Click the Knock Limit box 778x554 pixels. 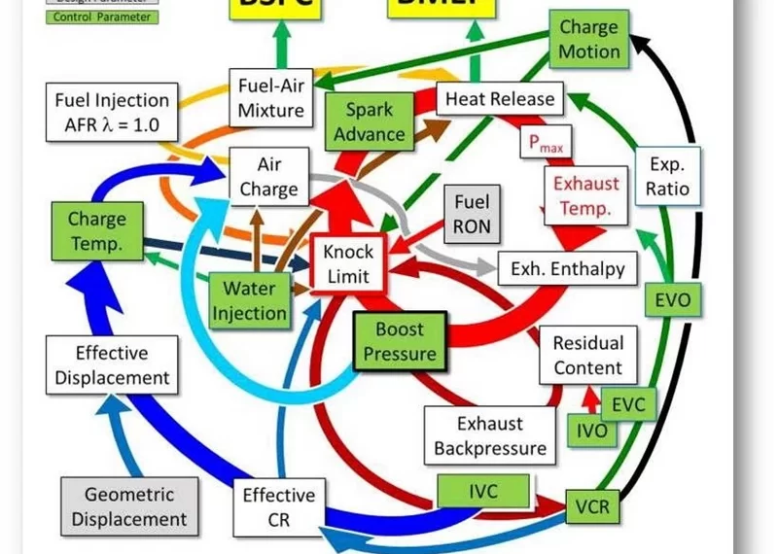(347, 262)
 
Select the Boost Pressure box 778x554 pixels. (399, 341)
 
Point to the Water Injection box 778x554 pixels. (250, 299)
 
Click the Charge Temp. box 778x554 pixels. (97, 231)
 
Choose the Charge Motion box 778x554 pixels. (589, 39)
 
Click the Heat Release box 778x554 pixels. (499, 99)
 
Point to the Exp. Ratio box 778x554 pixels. (667, 174)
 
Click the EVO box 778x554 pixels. (672, 299)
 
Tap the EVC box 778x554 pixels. (628, 401)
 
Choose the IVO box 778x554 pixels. (591, 429)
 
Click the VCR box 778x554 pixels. (591, 507)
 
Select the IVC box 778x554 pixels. (483, 492)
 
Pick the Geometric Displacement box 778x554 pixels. (128, 505)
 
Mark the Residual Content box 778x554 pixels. (587, 355)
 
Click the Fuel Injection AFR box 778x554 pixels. (113, 111)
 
